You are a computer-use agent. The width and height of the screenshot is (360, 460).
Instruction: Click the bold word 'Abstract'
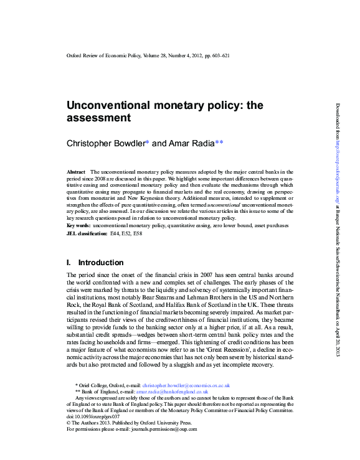pyautogui.click(x=75, y=171)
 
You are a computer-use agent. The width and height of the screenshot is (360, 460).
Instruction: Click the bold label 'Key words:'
pyautogui.click(x=82, y=225)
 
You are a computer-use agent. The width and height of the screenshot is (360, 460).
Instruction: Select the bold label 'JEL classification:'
pyautogui.click(x=87, y=232)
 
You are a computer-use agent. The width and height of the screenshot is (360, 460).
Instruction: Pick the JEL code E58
pyautogui.click(x=147, y=232)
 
